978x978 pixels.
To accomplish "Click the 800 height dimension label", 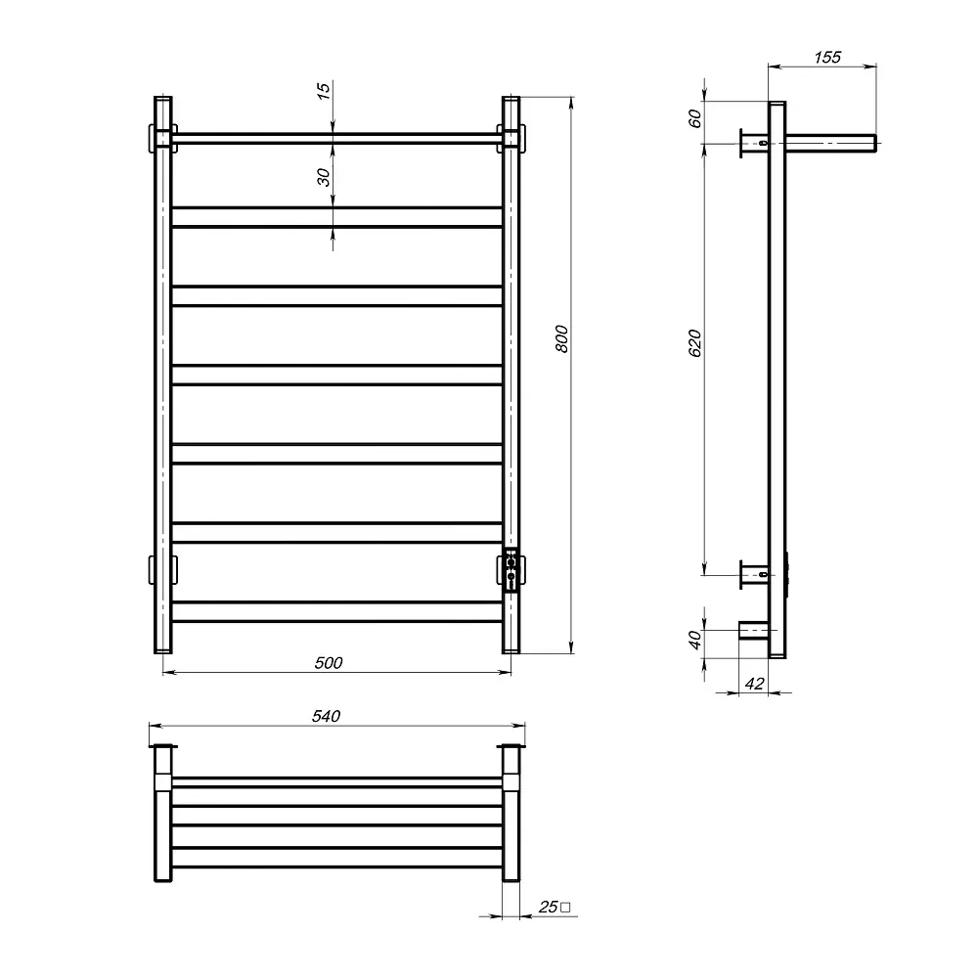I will coord(560,338).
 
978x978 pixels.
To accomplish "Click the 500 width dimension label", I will coord(329,663).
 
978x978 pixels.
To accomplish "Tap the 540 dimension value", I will coord(326,716).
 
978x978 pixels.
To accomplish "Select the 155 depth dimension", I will coord(826,58).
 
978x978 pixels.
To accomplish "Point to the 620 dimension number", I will coord(695,345).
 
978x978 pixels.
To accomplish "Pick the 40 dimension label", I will coord(695,641).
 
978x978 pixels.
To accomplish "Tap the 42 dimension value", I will coord(753,684).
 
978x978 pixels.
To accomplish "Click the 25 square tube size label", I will coord(548,908).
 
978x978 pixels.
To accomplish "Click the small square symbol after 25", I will coord(566,908).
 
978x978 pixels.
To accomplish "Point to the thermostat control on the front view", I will coord(511,571).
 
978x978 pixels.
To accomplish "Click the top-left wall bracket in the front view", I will coord(161,137).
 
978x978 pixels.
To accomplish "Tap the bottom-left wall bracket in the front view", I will coord(161,568).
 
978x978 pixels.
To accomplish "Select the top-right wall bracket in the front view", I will coord(512,137).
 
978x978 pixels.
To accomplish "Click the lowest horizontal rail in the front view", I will coord(337,610).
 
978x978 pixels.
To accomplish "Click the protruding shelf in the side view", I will coord(831,145).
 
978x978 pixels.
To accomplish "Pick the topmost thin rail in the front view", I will coord(337,138).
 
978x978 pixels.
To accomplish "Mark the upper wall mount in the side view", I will coord(753,145).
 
